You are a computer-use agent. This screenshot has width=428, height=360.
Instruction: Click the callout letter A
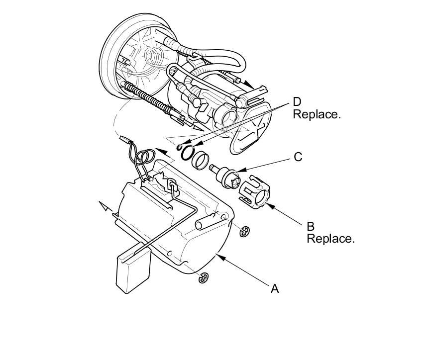274,288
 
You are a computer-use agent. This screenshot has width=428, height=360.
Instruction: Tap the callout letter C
298,157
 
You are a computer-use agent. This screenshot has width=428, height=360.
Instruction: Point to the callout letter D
297,102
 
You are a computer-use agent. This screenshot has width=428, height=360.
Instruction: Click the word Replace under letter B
330,239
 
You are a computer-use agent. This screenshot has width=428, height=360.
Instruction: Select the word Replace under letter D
317,114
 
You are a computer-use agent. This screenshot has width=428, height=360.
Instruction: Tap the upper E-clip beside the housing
244,231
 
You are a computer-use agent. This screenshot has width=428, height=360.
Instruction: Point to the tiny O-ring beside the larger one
180,147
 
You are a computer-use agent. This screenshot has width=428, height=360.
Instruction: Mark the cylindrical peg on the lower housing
205,221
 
